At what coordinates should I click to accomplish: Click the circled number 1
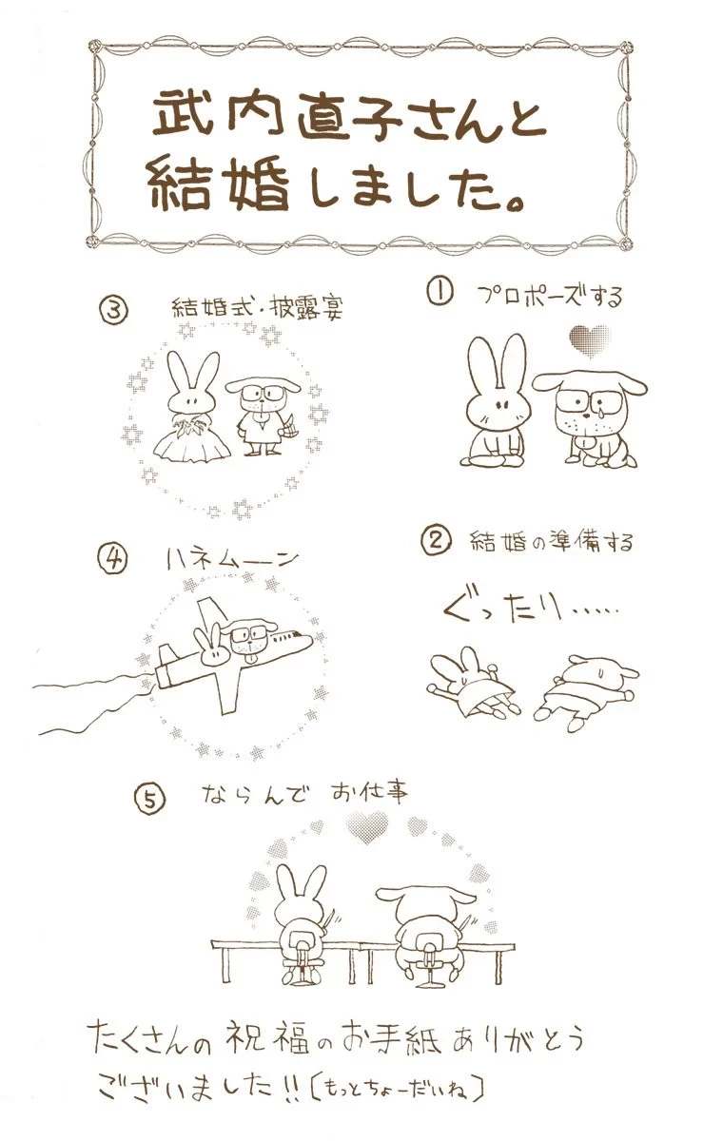(x=440, y=295)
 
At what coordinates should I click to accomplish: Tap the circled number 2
(x=436, y=541)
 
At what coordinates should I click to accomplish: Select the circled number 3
(x=115, y=311)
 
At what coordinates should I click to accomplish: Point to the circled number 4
(x=112, y=561)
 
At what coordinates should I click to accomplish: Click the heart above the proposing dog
(x=590, y=341)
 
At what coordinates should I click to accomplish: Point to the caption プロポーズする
(x=550, y=296)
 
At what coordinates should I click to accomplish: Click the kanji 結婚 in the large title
(x=221, y=184)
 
